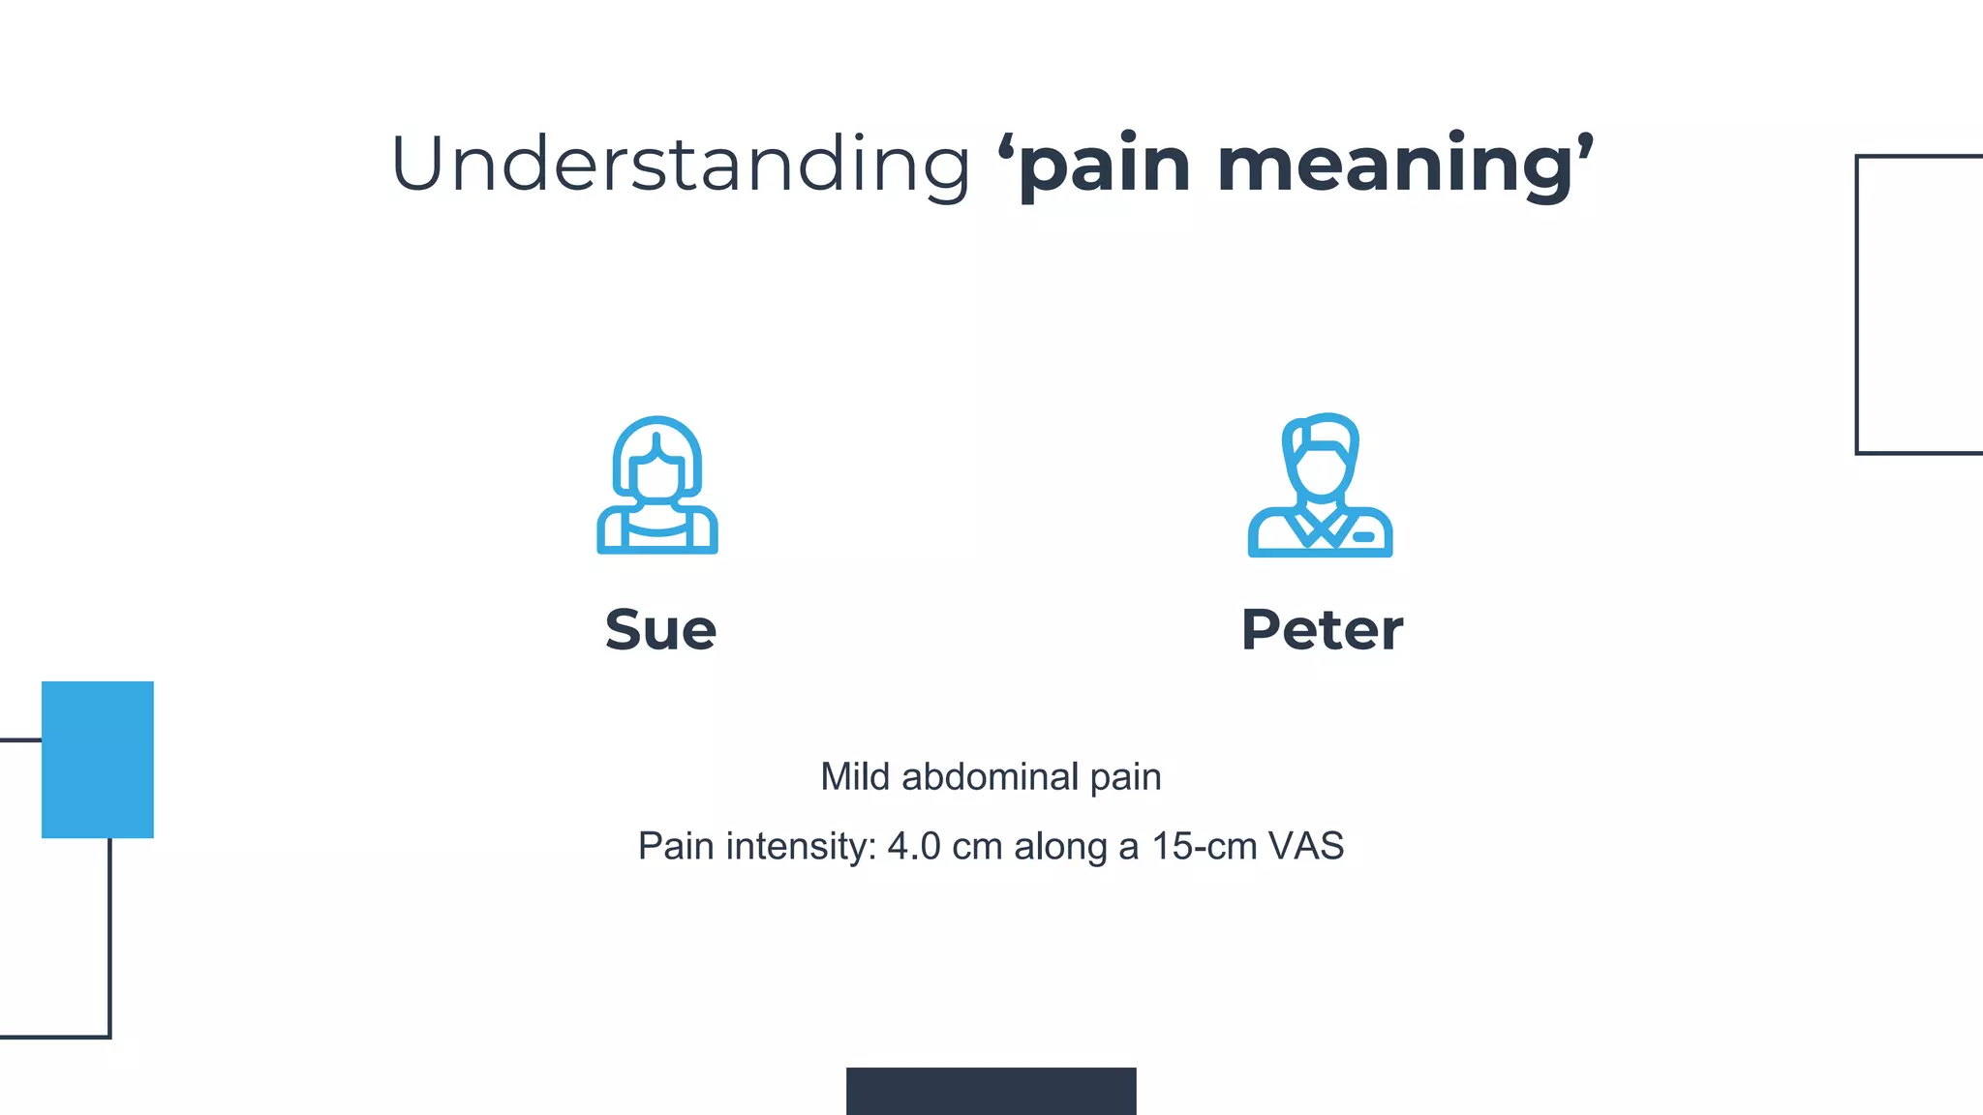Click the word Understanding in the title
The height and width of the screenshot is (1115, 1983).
[x=680, y=165]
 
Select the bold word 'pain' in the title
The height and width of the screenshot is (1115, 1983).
[x=1104, y=166]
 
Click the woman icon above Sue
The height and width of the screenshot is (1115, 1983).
[x=657, y=485]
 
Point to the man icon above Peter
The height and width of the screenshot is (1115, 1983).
[x=1320, y=485]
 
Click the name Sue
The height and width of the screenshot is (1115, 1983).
[x=660, y=630]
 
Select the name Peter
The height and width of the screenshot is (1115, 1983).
[x=1322, y=630]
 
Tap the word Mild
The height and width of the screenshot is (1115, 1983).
[x=855, y=777]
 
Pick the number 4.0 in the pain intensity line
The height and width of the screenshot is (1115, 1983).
[x=914, y=847]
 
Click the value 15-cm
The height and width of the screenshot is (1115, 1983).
[x=1204, y=847]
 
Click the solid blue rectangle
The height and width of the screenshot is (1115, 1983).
[x=98, y=760]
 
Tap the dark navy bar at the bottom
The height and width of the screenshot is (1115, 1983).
[x=991, y=1091]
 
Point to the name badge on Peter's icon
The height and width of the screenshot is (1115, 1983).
[x=1363, y=537]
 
